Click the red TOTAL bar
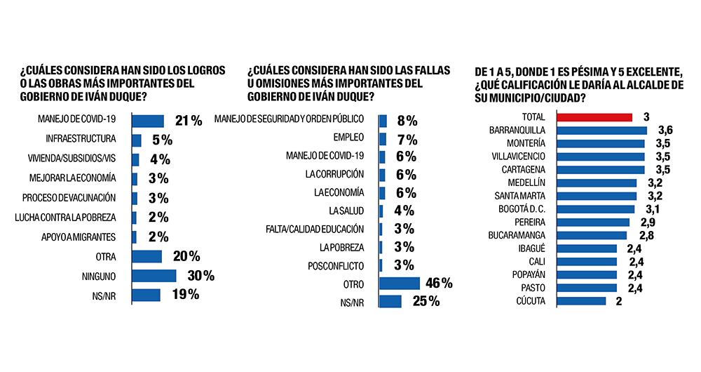click(594, 117)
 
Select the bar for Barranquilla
click(601, 131)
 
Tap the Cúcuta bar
click(581, 301)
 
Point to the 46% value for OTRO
click(437, 284)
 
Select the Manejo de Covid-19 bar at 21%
click(147, 121)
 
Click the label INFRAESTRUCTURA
click(81, 140)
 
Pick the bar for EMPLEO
click(383, 139)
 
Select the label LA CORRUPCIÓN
click(339, 174)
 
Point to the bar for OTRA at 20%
click(147, 256)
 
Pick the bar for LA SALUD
click(381, 211)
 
